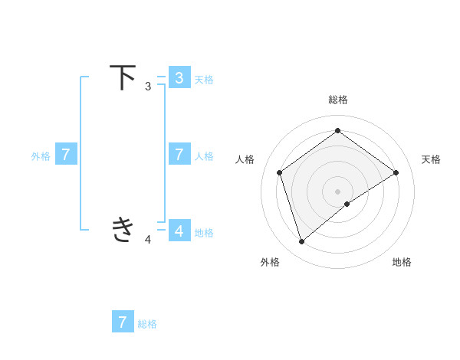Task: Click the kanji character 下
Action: (123, 77)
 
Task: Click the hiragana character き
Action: (123, 229)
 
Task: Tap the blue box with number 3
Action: (179, 77)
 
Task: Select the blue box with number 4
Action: (179, 230)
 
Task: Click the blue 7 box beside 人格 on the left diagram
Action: (179, 154)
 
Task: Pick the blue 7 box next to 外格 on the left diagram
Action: (66, 154)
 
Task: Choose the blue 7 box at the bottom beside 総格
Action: (123, 322)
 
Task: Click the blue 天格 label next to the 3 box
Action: (204, 79)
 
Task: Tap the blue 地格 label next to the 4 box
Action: (204, 233)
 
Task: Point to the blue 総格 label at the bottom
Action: (147, 324)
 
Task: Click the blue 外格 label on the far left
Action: (41, 156)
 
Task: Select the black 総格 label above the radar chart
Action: (337, 100)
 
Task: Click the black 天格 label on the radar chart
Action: (431, 159)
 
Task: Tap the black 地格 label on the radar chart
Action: (402, 262)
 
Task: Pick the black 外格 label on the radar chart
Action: (270, 262)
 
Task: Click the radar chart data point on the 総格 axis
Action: (337, 130)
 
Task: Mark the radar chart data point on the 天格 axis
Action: (396, 172)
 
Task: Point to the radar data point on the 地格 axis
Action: (347, 204)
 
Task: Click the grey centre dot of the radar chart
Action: (337, 191)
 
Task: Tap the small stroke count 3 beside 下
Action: (148, 87)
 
